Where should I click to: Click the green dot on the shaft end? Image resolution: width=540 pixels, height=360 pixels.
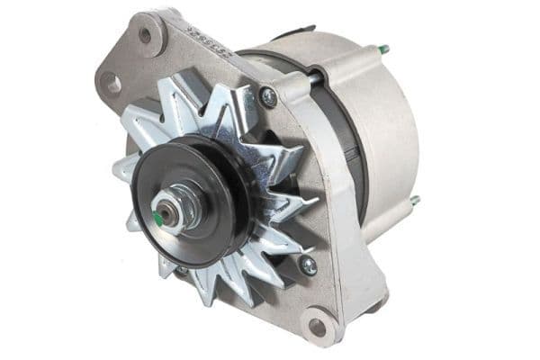[158, 218]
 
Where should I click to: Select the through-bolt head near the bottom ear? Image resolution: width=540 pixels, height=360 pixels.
[307, 265]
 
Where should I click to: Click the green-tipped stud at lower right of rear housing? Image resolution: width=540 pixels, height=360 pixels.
[415, 201]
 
